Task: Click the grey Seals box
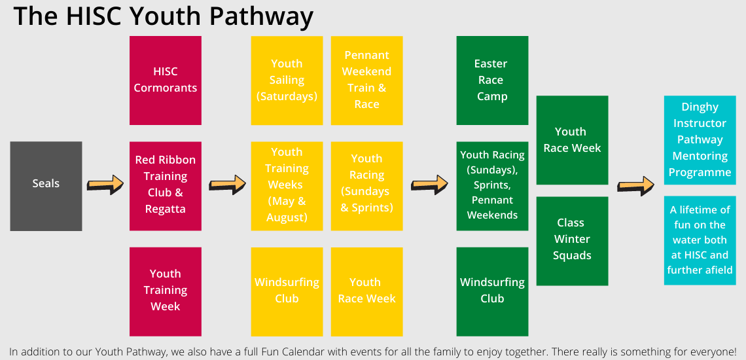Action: coord(46,186)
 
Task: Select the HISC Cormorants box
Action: coord(166,81)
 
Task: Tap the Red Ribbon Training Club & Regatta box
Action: coord(166,186)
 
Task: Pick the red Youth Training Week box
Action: coord(166,292)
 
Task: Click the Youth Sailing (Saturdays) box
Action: coord(287,81)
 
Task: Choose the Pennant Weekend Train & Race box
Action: coord(367,81)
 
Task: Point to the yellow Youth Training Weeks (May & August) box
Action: coord(287,186)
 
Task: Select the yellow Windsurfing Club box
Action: coord(287,292)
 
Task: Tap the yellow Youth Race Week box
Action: coord(367,292)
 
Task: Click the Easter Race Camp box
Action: coord(492,81)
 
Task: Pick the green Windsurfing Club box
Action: coord(492,292)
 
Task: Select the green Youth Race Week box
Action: coord(573,140)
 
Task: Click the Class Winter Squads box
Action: coord(573,241)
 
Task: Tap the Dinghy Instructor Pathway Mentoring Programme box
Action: coord(700,140)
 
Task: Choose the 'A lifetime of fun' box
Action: coord(700,241)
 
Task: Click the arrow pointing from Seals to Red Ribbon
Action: coord(105,185)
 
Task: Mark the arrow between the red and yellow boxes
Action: coord(228,185)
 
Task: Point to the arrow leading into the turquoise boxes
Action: coord(636,186)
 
